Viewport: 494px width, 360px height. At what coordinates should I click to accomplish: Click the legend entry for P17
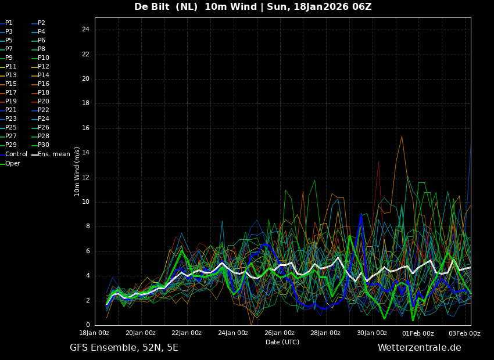11,93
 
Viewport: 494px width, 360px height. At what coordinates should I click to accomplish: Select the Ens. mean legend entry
53,154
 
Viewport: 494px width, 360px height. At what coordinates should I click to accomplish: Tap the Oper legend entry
13,164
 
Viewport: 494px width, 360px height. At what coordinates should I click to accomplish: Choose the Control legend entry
16,154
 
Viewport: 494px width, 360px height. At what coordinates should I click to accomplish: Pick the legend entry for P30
44,145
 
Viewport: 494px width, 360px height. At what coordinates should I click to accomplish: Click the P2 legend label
41,23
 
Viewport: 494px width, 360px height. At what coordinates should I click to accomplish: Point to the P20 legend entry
44,102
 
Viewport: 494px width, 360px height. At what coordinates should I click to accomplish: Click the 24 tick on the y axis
85,30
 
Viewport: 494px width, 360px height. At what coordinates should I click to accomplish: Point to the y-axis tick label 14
85,153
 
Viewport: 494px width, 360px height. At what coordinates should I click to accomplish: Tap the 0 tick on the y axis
87,325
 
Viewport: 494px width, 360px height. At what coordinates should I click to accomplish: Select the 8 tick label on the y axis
87,226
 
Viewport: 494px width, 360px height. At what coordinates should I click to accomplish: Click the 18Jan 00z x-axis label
94,333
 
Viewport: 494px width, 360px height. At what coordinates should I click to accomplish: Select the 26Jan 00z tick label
280,333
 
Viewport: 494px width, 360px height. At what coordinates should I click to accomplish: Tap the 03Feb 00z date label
464,333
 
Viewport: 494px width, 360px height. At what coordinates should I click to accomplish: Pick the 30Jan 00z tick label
372,333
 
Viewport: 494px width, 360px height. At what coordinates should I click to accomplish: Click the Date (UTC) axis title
282,343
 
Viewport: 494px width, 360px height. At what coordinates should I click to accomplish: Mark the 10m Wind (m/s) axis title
77,171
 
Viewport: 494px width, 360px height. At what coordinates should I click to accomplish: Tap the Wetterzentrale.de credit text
419,348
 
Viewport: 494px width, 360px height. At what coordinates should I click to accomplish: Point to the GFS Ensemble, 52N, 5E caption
124,348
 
